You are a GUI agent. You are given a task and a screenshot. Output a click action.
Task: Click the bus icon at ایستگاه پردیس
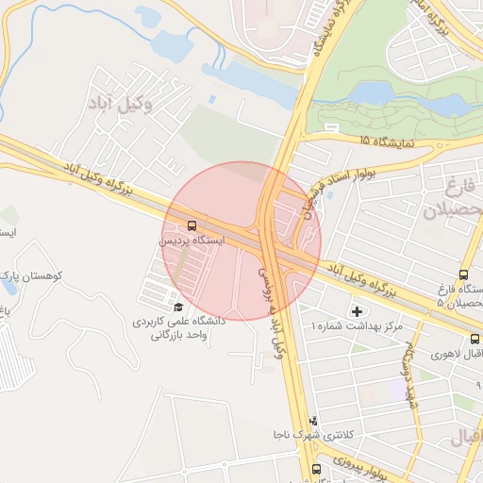coord(192,226)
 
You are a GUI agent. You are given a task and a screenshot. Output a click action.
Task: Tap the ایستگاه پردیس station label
coord(192,241)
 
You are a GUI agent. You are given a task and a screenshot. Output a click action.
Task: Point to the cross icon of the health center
coord(357,311)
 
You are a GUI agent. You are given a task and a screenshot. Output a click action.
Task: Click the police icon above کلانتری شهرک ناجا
coord(313,421)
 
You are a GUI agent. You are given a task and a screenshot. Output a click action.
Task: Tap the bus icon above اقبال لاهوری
coord(474,340)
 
